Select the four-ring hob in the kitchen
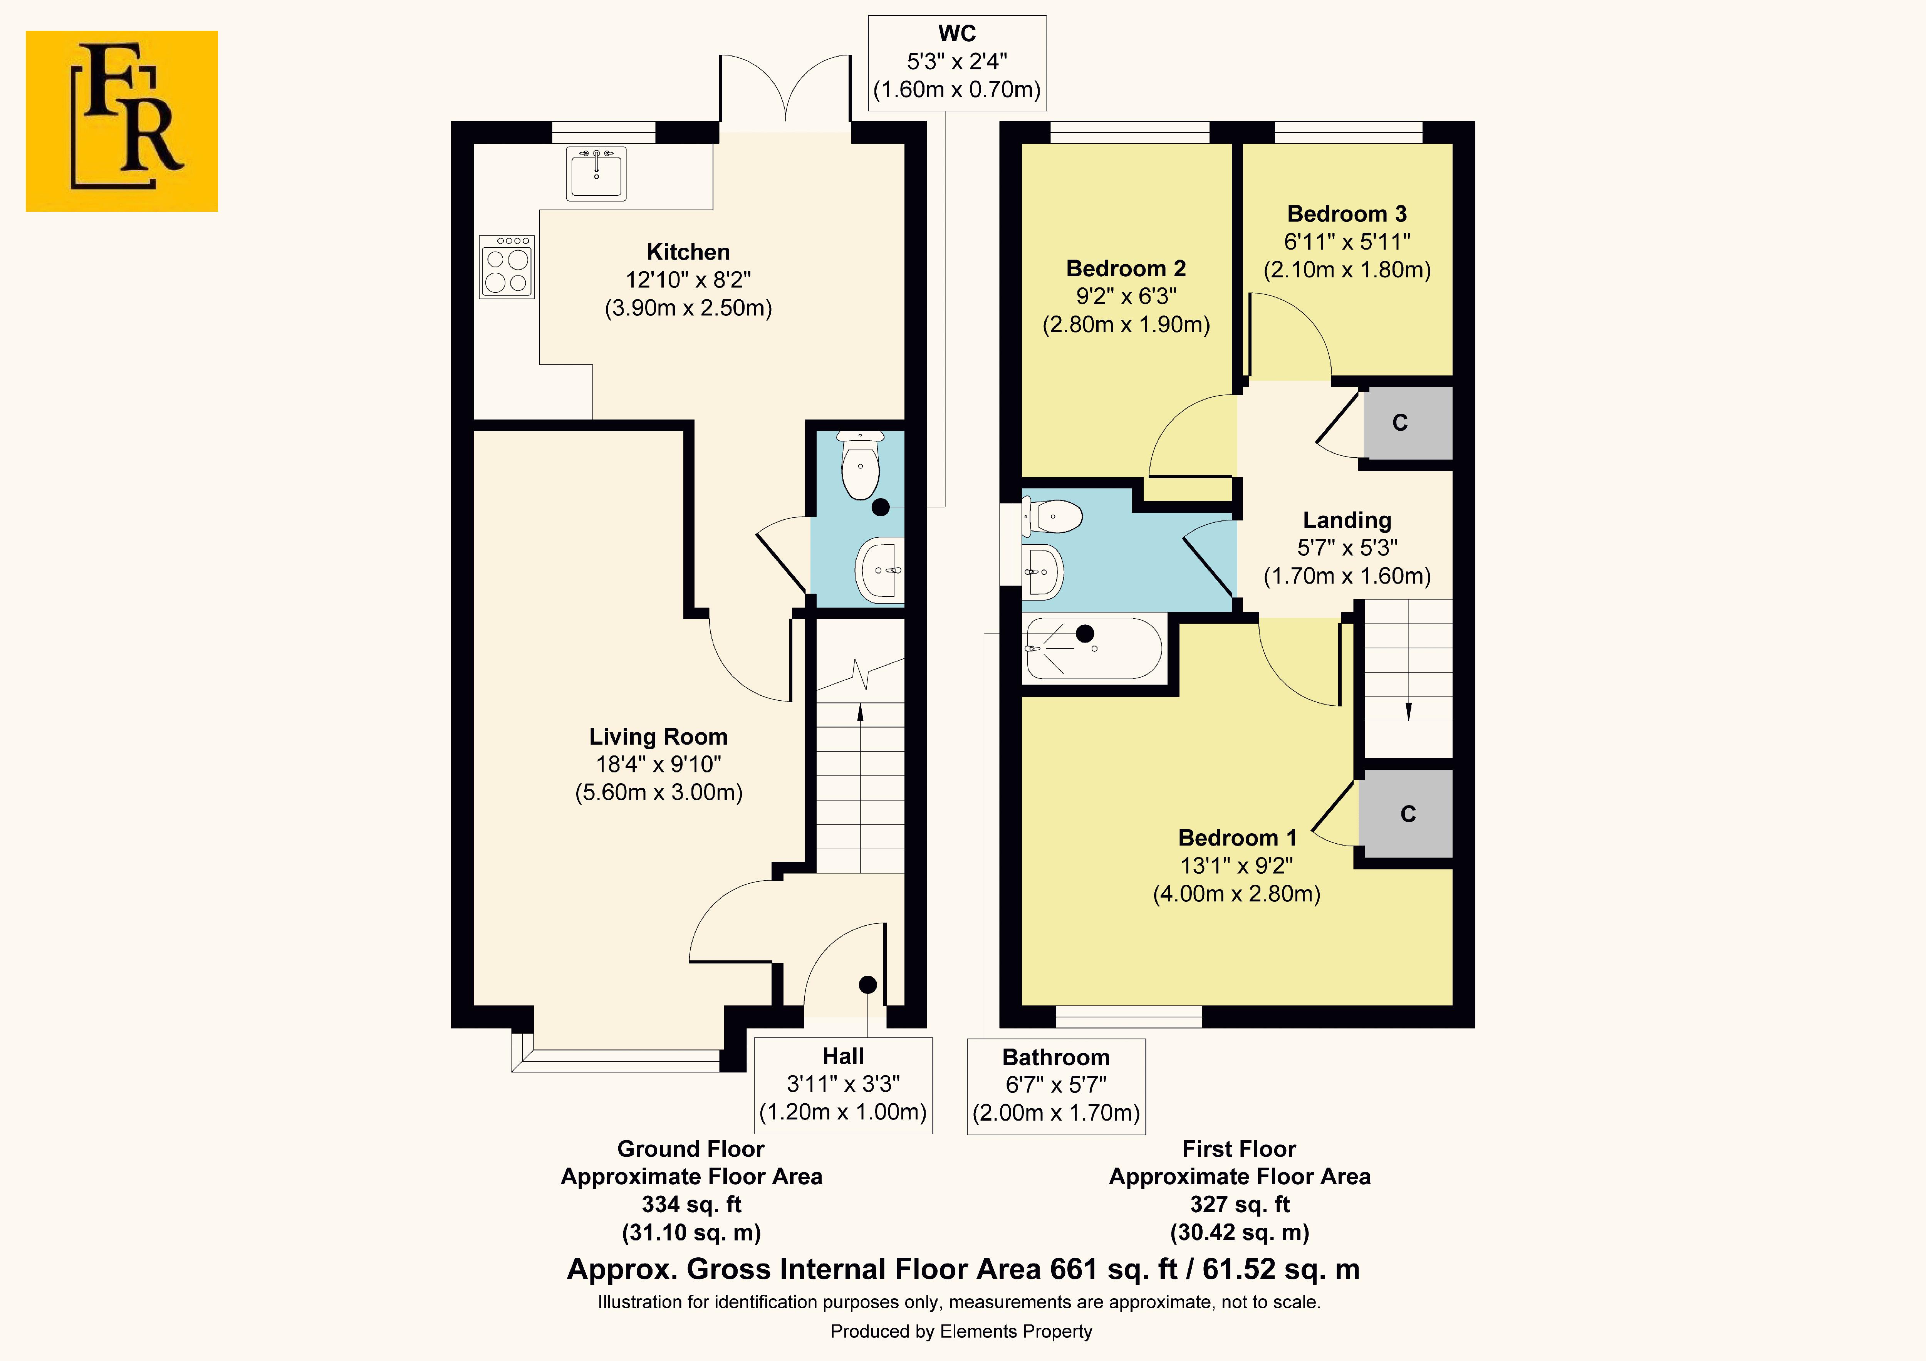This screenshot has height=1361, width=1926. pyautogui.click(x=507, y=267)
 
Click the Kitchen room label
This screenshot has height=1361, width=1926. pyautogui.click(x=688, y=252)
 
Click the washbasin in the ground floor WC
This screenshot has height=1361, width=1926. pyautogui.click(x=879, y=570)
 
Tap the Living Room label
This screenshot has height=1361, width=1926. pyautogui.click(x=658, y=737)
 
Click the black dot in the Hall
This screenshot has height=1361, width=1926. pyautogui.click(x=867, y=984)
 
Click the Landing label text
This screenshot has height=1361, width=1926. pyautogui.click(x=1347, y=520)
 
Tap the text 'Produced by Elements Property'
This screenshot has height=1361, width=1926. pyautogui.click(x=961, y=1332)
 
